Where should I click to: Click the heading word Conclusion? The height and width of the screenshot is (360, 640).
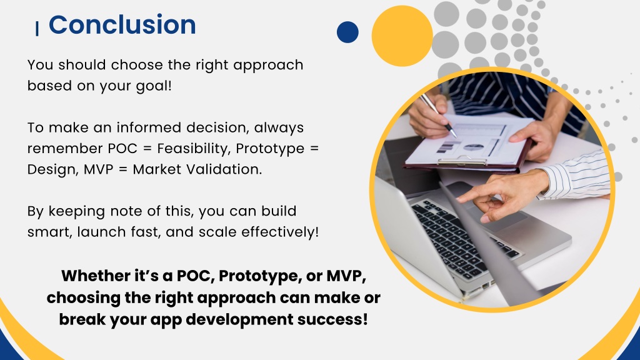point(122,25)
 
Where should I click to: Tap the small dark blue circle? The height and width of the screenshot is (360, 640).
point(347,32)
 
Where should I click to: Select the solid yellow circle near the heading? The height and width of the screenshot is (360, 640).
point(402,36)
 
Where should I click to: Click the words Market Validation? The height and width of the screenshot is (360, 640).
point(197,169)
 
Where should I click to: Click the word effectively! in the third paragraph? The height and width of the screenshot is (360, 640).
point(280,232)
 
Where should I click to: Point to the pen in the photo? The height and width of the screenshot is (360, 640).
point(438,115)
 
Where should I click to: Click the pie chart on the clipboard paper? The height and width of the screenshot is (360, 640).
point(474,147)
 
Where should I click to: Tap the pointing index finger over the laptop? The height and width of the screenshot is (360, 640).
point(474,196)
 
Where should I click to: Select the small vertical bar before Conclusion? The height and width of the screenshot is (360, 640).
point(37,29)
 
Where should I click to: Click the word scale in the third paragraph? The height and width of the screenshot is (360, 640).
point(218,232)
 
